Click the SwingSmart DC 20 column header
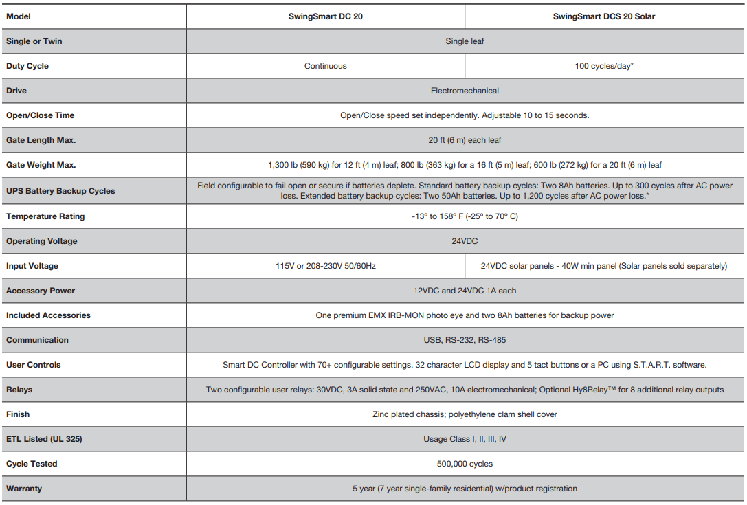(x=325, y=16)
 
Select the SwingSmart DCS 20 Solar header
(x=603, y=16)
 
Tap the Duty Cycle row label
(x=27, y=66)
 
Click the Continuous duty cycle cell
(x=325, y=66)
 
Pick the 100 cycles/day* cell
(x=603, y=66)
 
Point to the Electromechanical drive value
(x=465, y=91)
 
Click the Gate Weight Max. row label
(x=41, y=165)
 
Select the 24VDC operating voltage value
(x=465, y=241)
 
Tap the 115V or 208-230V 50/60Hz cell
(x=325, y=266)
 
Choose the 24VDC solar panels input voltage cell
(x=603, y=266)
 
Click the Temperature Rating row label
(x=45, y=216)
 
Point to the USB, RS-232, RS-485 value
(x=465, y=340)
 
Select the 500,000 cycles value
(x=465, y=464)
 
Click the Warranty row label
(x=24, y=489)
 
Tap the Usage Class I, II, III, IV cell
(x=465, y=439)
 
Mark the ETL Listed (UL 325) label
(x=44, y=439)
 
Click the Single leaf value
(x=465, y=41)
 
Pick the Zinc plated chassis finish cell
(x=465, y=414)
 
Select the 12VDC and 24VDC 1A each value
(x=465, y=291)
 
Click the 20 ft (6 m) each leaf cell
(x=465, y=140)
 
